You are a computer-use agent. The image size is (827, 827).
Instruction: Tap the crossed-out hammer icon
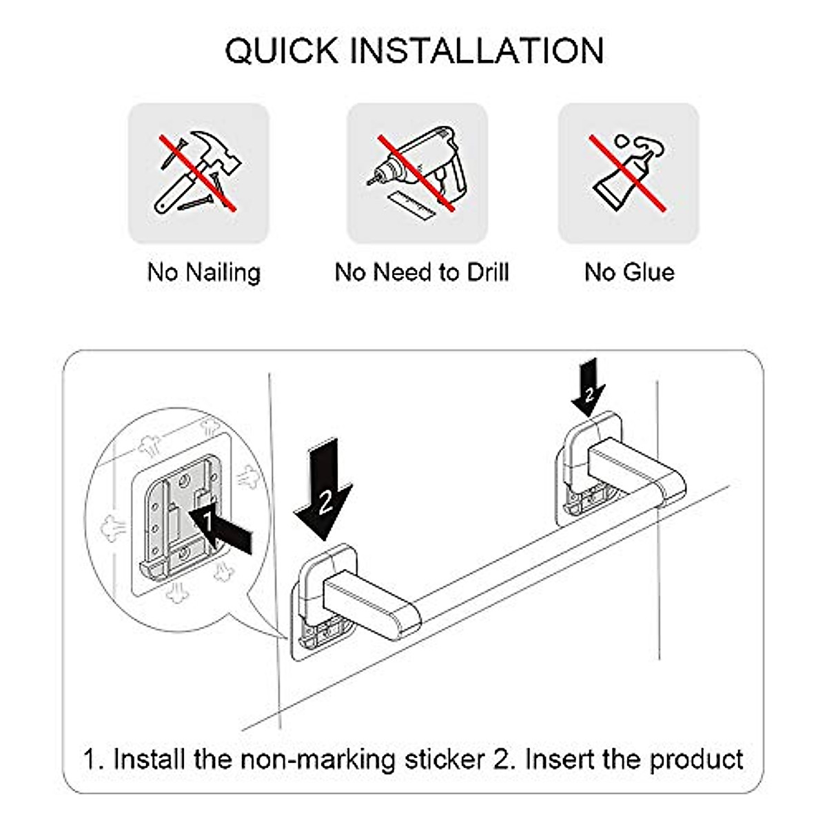pyautogui.click(x=198, y=172)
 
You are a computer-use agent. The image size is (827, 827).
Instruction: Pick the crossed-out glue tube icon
pyautogui.click(x=628, y=172)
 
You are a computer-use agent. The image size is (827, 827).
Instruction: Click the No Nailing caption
pyautogui.click(x=204, y=272)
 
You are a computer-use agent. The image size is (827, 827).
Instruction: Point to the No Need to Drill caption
pyautogui.click(x=421, y=272)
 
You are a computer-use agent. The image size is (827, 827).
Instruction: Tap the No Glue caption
pyautogui.click(x=629, y=272)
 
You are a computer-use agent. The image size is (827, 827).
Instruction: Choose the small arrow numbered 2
pyautogui.click(x=588, y=389)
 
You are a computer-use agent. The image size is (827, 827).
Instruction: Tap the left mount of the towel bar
pyautogui.click(x=324, y=586)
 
